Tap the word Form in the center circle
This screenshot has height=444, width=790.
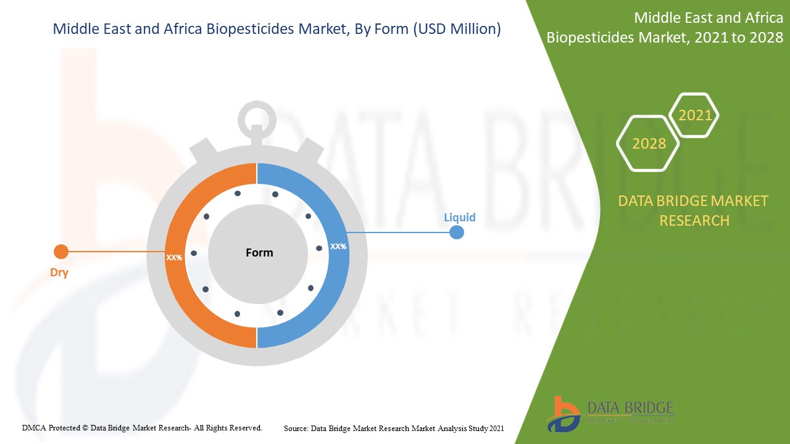pyautogui.click(x=259, y=252)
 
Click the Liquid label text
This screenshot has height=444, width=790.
pyautogui.click(x=460, y=217)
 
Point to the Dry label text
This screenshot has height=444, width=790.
pyautogui.click(x=59, y=273)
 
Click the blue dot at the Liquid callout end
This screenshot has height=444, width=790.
pyautogui.click(x=457, y=232)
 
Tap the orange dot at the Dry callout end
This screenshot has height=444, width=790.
pyautogui.click(x=60, y=252)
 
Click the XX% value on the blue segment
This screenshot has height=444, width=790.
pyautogui.click(x=338, y=246)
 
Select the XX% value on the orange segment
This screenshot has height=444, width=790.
pyautogui.click(x=174, y=257)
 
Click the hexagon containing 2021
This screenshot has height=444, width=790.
pyautogui.click(x=695, y=115)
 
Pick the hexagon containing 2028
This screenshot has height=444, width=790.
pyautogui.click(x=649, y=144)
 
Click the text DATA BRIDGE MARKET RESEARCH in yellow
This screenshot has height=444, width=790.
pyautogui.click(x=694, y=210)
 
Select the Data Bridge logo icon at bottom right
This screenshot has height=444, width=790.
pyautogui.click(x=562, y=413)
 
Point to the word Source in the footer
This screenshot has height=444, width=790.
pyautogui.click(x=296, y=428)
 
